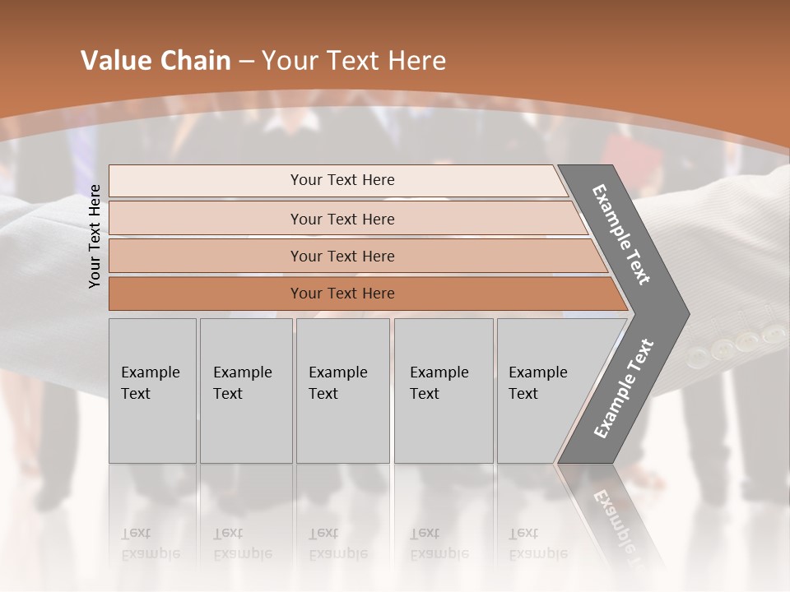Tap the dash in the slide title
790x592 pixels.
246,62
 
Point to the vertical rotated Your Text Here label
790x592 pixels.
95,236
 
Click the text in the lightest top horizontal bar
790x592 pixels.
342,180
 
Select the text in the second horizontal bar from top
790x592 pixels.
342,220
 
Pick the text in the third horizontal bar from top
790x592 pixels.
342,257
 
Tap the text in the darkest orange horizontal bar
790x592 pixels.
342,294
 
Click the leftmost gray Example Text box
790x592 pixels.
151,383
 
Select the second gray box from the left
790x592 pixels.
244,383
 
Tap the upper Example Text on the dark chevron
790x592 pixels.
621,234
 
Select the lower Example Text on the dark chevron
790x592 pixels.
623,389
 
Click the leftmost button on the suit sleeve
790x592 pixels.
696,356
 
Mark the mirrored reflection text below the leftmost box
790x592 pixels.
151,543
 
